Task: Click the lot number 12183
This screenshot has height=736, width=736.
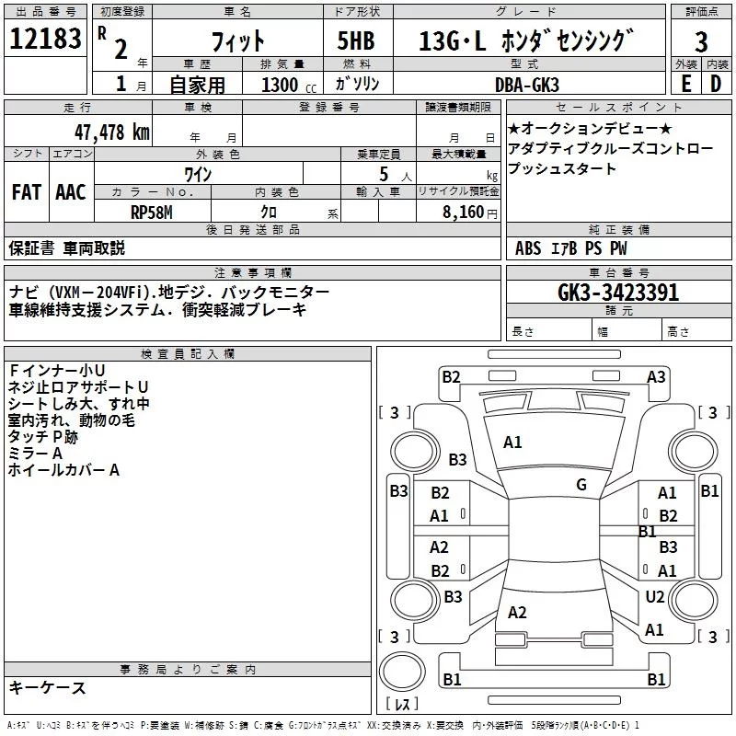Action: [x=46, y=40]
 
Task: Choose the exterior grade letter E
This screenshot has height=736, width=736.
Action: [x=684, y=83]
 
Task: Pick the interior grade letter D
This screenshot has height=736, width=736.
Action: [x=716, y=83]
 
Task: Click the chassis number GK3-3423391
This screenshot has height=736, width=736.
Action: [x=618, y=293]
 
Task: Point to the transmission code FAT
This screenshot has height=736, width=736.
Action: [x=27, y=192]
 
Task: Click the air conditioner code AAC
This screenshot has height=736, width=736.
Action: [x=71, y=192]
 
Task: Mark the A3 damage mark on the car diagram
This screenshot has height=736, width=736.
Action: [x=656, y=376]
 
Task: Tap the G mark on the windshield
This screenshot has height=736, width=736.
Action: [x=581, y=485]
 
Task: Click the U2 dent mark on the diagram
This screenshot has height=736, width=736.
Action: [x=654, y=597]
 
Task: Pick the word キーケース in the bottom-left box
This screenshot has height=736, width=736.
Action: [x=47, y=687]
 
